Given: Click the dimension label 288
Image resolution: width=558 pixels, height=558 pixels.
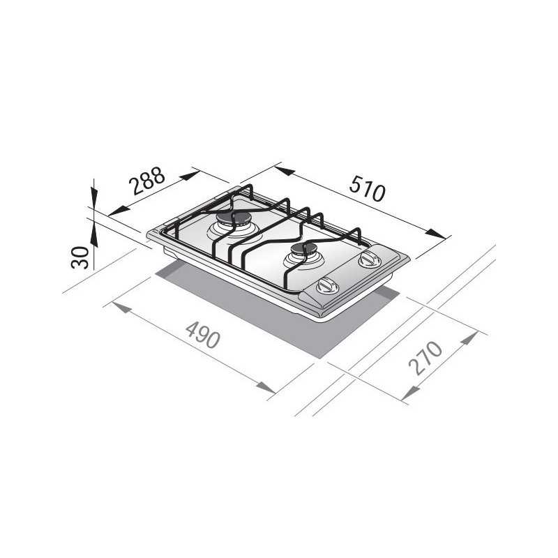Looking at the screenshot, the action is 146,181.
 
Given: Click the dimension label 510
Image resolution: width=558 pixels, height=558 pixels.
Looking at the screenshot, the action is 368,189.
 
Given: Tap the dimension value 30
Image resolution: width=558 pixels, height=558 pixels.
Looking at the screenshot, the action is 80,257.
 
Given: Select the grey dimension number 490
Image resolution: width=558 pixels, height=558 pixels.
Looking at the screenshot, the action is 203,335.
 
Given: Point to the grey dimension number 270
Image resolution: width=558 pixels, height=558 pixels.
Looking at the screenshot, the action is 425,358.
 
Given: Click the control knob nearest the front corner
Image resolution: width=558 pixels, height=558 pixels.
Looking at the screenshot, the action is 328,286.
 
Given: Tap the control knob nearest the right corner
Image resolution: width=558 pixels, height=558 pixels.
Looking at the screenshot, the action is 369,259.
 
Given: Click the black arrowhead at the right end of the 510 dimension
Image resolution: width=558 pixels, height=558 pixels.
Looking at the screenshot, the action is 435,234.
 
